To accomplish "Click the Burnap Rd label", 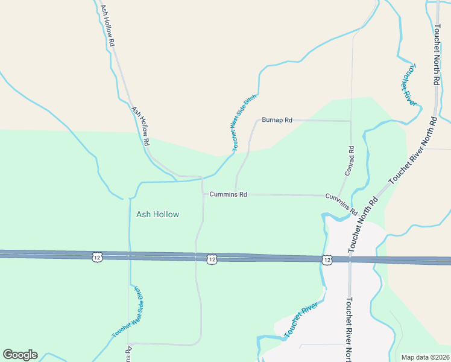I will tap(277, 120).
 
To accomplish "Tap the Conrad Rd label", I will tap(350, 160).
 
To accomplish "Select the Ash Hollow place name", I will tap(157, 214).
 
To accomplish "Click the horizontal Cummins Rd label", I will tap(228, 194).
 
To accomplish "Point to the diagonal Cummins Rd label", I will tap(342, 205).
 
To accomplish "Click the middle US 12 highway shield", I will tap(211, 259).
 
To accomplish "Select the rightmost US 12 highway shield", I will tap(326, 259).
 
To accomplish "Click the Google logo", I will tap(20, 355).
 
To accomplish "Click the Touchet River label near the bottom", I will tap(300, 322).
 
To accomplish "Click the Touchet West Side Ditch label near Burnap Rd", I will tap(244, 122).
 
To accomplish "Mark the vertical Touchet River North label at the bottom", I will tap(348, 329).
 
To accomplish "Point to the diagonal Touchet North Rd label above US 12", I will tap(362, 224).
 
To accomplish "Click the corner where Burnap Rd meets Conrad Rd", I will tap(350, 121).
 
